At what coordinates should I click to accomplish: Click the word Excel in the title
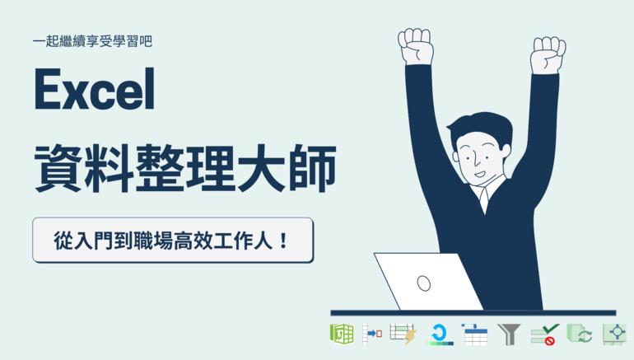coord(94,89)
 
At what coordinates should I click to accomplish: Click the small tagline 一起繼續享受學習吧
coord(92,41)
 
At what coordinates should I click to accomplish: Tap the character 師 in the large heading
coord(312,168)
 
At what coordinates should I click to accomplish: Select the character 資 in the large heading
coord(58,168)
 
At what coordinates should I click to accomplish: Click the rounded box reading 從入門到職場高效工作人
coord(173,241)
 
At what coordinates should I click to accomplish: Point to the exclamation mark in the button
coord(283,241)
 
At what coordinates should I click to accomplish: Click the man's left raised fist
coord(415,46)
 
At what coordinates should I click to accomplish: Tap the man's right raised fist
coord(548,55)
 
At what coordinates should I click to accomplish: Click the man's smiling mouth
coord(480,174)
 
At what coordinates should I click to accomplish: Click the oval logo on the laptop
coord(424,283)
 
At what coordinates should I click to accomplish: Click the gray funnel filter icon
coord(509,334)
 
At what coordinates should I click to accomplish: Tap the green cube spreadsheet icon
coord(342,334)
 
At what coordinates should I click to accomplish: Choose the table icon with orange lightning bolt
coord(403,334)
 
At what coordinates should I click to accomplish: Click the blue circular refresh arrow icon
coord(439,334)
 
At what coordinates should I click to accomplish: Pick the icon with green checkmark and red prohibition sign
coord(545,334)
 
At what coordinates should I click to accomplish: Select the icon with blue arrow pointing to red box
coord(372,334)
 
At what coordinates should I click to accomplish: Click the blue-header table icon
coord(475,334)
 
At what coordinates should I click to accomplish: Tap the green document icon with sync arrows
coord(580,334)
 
